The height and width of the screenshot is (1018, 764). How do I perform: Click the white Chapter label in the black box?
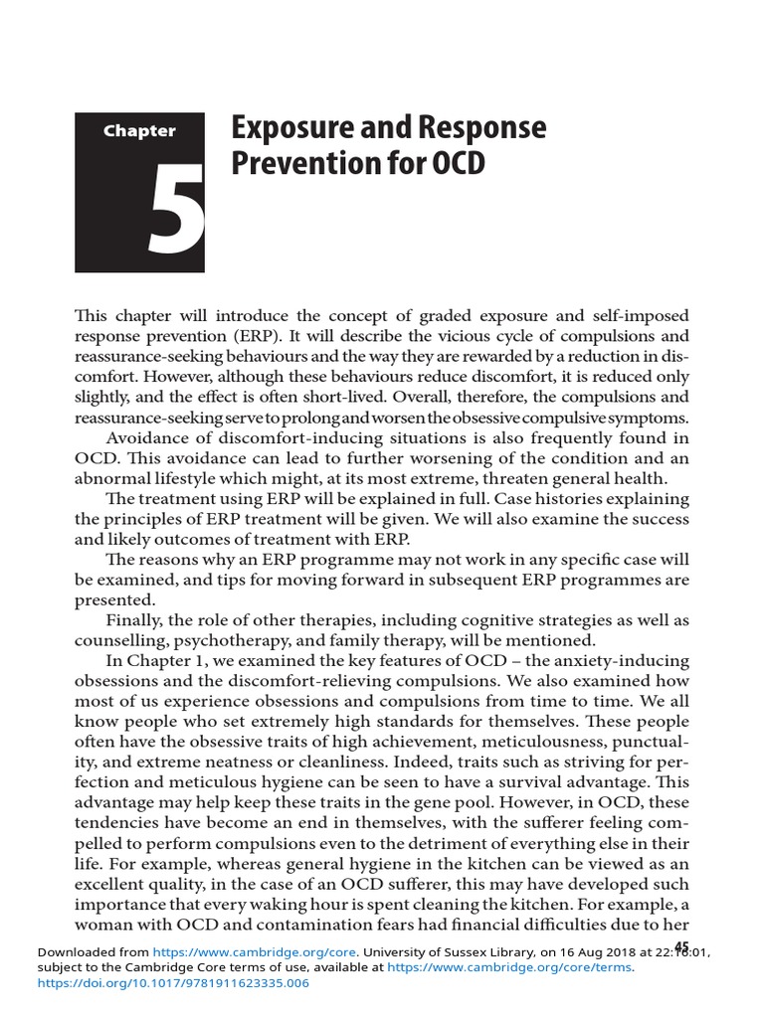[138, 130]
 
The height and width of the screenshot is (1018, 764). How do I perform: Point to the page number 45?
[681, 945]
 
